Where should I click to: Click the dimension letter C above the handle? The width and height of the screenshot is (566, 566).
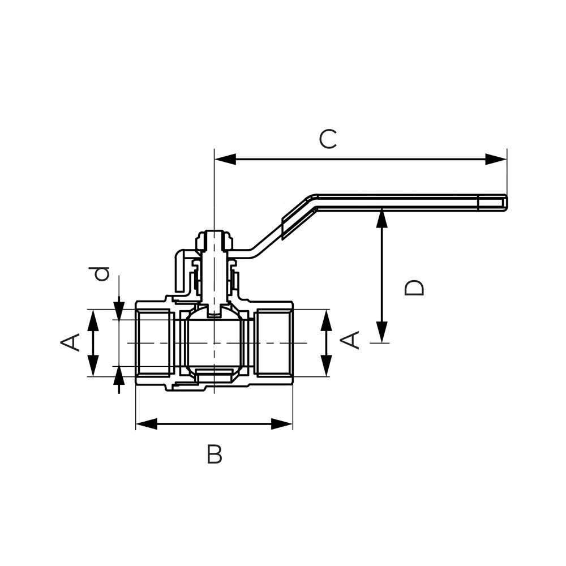coord(328,139)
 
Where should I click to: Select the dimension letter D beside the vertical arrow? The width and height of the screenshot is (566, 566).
coord(414,288)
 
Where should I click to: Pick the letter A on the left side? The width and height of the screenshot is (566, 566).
coord(70,342)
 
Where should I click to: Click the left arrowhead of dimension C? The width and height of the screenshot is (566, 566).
coord(225,159)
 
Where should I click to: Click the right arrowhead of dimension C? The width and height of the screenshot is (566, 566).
coord(496,159)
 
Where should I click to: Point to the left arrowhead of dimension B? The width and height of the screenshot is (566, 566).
coord(147,424)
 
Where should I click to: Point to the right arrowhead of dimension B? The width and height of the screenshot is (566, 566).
coord(281,424)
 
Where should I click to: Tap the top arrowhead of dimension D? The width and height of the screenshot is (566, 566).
coord(382,218)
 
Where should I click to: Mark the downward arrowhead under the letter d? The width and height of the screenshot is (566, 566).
coord(119,310)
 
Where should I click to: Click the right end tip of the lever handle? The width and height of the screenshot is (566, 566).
coord(507,203)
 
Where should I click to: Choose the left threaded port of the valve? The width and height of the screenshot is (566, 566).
coord(155,342)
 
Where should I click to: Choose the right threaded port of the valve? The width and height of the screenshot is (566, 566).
coord(273,342)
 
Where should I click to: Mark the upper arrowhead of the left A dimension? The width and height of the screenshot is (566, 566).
coord(93,320)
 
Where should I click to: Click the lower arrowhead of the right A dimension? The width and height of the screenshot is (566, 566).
coord(327,366)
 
